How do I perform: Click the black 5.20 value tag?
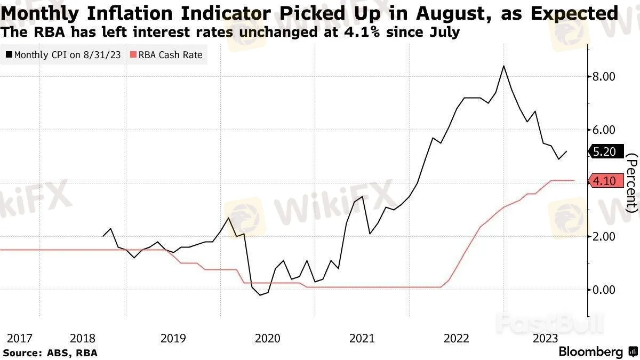point(604,152)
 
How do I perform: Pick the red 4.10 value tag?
point(604,181)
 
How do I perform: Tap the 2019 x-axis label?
point(173,338)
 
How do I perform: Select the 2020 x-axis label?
point(267,338)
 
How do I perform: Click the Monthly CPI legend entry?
point(63,54)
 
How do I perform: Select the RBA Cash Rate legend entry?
point(166,54)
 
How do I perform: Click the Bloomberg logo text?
point(590,352)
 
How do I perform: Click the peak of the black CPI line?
point(503,66)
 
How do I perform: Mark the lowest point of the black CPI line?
point(260,295)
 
